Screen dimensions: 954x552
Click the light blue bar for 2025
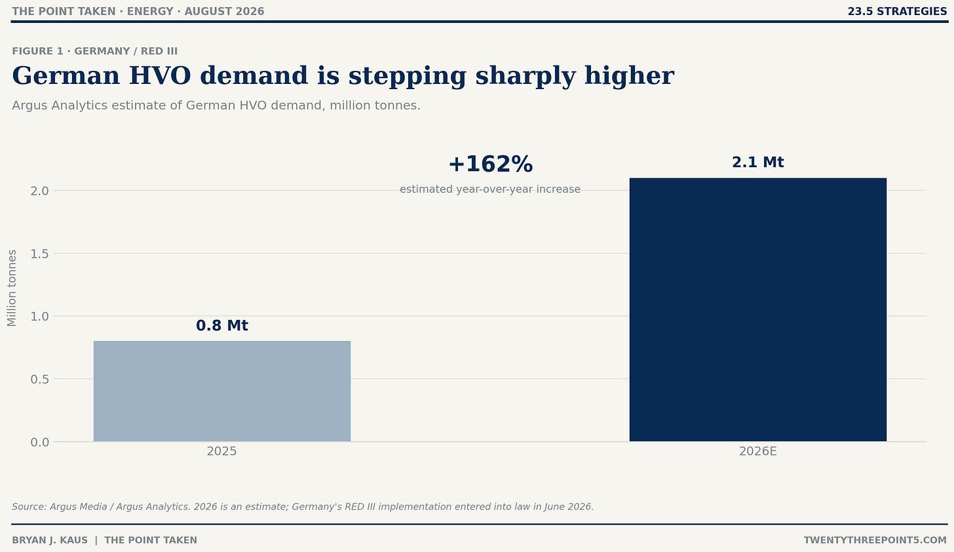[222, 391]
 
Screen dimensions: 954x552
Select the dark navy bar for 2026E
[757, 309]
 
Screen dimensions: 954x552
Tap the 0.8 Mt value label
[222, 326]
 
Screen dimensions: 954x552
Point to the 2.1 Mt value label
[757, 163]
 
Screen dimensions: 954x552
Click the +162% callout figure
[490, 164]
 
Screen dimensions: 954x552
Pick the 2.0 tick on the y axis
[39, 191]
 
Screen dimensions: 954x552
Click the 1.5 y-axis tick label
[39, 254]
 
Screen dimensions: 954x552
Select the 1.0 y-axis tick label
[39, 316]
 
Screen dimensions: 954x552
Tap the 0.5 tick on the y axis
[39, 379]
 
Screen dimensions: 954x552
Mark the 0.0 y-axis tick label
[39, 442]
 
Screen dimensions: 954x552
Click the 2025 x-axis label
[222, 451]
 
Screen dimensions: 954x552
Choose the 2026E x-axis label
[757, 451]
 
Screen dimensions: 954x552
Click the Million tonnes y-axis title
[12, 288]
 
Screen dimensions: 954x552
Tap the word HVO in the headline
[160, 76]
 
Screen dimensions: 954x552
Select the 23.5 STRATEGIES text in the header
[898, 12]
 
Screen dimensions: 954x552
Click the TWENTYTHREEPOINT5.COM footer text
[875, 540]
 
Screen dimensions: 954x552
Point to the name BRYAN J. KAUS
[50, 540]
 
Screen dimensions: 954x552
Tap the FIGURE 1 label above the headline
[37, 51]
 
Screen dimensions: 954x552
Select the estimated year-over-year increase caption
[490, 189]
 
